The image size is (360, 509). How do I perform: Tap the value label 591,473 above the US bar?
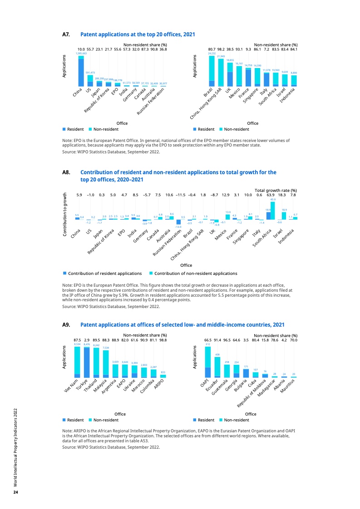point(90,73)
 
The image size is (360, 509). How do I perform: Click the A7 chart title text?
point(138,34)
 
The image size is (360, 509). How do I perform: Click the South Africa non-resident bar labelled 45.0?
point(273,210)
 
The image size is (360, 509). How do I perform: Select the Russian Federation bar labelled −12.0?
point(178,222)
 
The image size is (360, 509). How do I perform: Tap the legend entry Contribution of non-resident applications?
point(196,274)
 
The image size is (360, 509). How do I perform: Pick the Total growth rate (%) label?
point(276,190)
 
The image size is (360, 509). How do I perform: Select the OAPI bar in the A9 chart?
point(207,362)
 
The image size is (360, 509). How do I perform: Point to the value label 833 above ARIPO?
point(163,372)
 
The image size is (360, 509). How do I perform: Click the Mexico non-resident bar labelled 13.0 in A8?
point(228,216)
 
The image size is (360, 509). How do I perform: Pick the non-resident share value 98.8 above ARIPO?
point(163,340)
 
